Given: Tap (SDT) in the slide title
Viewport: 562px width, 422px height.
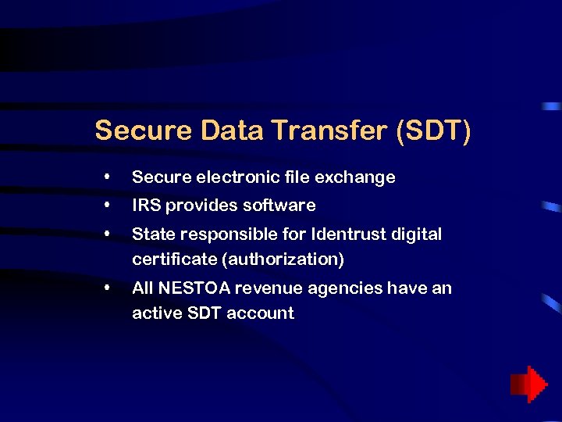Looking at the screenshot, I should [x=433, y=131].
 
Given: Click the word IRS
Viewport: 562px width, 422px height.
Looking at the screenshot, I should [x=145, y=206].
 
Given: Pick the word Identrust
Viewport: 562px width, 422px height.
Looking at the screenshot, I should [x=355, y=234].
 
